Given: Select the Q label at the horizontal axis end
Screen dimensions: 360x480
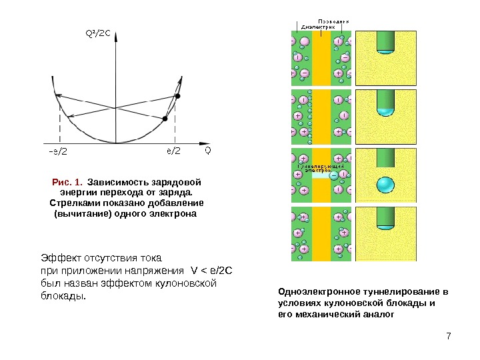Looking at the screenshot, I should point(207,150).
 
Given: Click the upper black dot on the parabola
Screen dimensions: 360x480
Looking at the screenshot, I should point(177,97).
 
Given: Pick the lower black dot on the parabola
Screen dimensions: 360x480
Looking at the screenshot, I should point(165,119).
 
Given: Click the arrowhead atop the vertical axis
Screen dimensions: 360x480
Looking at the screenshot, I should point(116,41).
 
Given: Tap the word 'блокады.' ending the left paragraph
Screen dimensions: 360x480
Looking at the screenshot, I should point(63,295).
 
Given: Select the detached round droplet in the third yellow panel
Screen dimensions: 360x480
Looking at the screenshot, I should point(385,185).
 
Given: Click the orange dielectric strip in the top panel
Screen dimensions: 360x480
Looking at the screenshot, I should point(322,60).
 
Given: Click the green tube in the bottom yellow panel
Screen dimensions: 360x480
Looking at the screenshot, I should point(385,218).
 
